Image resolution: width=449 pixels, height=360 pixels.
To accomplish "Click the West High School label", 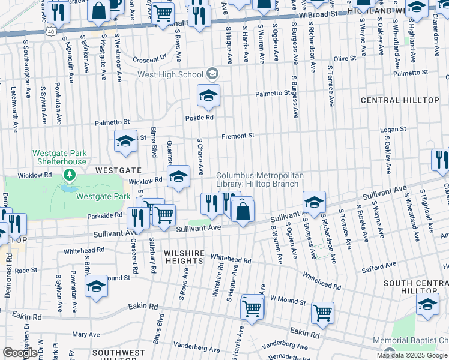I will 170,74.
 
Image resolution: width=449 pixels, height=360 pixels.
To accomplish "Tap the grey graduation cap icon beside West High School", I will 212,74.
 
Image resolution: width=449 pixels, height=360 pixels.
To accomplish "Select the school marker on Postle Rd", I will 208,95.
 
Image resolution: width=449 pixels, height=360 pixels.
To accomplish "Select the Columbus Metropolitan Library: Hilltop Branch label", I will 261,179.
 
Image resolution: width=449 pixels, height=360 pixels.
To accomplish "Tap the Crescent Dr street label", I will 149,59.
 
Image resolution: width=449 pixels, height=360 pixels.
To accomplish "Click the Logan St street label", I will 394,129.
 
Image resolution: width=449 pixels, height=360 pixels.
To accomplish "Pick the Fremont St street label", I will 238,136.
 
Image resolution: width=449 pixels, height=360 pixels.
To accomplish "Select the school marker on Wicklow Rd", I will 178,178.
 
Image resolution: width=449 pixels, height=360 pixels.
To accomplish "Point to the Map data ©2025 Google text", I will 412,355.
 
